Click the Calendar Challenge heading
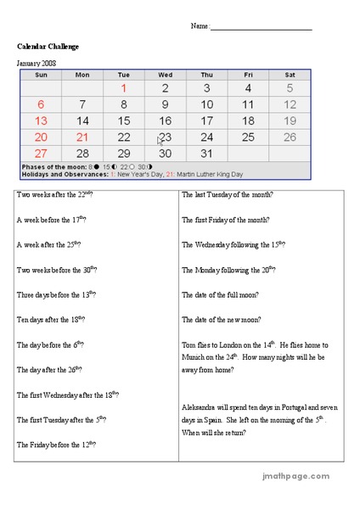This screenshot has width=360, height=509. click(x=48, y=46)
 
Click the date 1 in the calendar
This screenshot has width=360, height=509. click(x=124, y=88)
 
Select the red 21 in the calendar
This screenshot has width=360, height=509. click(x=82, y=137)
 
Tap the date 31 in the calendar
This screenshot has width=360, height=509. click(x=206, y=154)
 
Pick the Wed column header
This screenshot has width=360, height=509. click(x=165, y=75)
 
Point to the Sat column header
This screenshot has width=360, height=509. click(x=290, y=75)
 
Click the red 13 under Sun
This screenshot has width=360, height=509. click(x=41, y=120)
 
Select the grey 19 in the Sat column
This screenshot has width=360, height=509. click(x=290, y=120)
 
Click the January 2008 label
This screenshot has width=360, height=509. click(x=37, y=63)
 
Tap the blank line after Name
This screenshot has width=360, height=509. click(x=262, y=27)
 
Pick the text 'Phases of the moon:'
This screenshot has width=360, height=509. click(x=49, y=167)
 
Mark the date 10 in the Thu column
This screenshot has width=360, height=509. click(x=206, y=104)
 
